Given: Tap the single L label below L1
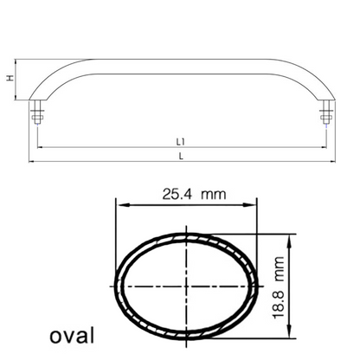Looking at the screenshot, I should pyautogui.click(x=180, y=156).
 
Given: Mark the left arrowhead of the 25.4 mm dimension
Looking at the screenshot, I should pyautogui.click(x=120, y=205).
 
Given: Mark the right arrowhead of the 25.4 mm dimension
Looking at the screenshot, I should pyautogui.click(x=255, y=205).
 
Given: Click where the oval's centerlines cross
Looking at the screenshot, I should pyautogui.click(x=187, y=286).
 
